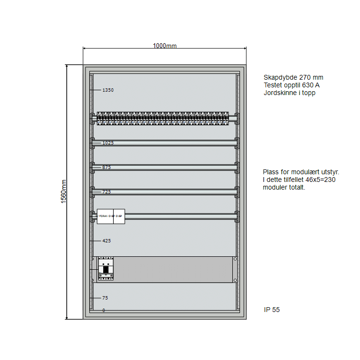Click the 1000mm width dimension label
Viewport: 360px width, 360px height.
click(165, 46)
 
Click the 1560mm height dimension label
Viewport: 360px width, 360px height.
click(64, 191)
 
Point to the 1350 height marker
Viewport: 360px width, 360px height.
click(108, 90)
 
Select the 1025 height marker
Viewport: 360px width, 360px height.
click(108, 143)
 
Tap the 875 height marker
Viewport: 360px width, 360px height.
click(106, 168)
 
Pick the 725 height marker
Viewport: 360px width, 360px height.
click(106, 192)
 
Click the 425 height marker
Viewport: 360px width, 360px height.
click(106, 241)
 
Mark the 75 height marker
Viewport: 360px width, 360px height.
click(105, 298)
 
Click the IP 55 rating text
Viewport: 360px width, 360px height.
click(272, 310)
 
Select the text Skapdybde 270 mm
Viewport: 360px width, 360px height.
click(293, 77)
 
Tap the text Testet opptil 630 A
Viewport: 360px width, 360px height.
click(291, 85)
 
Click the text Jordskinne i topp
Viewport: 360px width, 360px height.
click(289, 93)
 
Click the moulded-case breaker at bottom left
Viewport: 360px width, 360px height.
click(106, 268)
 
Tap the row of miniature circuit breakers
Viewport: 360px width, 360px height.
click(163, 119)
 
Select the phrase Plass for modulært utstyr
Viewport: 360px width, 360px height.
click(301, 172)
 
